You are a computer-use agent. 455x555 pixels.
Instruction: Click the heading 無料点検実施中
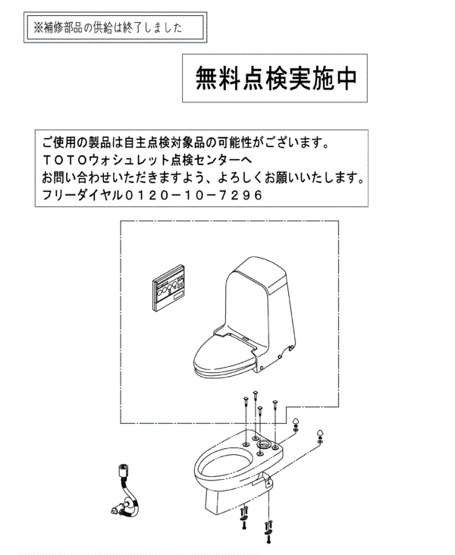(276, 78)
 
